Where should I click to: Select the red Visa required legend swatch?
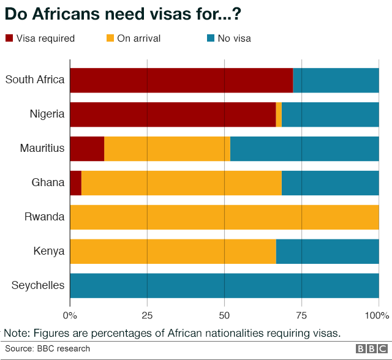[9, 39]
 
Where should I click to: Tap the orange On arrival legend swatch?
[110, 39]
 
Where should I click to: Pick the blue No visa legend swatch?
[210, 39]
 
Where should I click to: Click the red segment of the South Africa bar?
[181, 80]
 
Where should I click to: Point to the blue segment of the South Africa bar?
[336, 80]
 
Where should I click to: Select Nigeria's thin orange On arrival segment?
[279, 114]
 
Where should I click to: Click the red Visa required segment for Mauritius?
[87, 149]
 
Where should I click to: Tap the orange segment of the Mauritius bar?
[167, 149]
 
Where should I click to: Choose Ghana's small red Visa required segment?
[76, 183]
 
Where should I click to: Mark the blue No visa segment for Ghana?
[330, 183]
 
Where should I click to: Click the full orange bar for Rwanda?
[225, 217]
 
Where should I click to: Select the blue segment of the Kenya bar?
[328, 252]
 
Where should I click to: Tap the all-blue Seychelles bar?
[225, 286]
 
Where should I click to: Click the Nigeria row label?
[47, 114]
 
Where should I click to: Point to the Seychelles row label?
[38, 285]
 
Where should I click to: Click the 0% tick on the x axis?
[70, 316]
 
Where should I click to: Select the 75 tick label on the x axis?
[301, 316]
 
